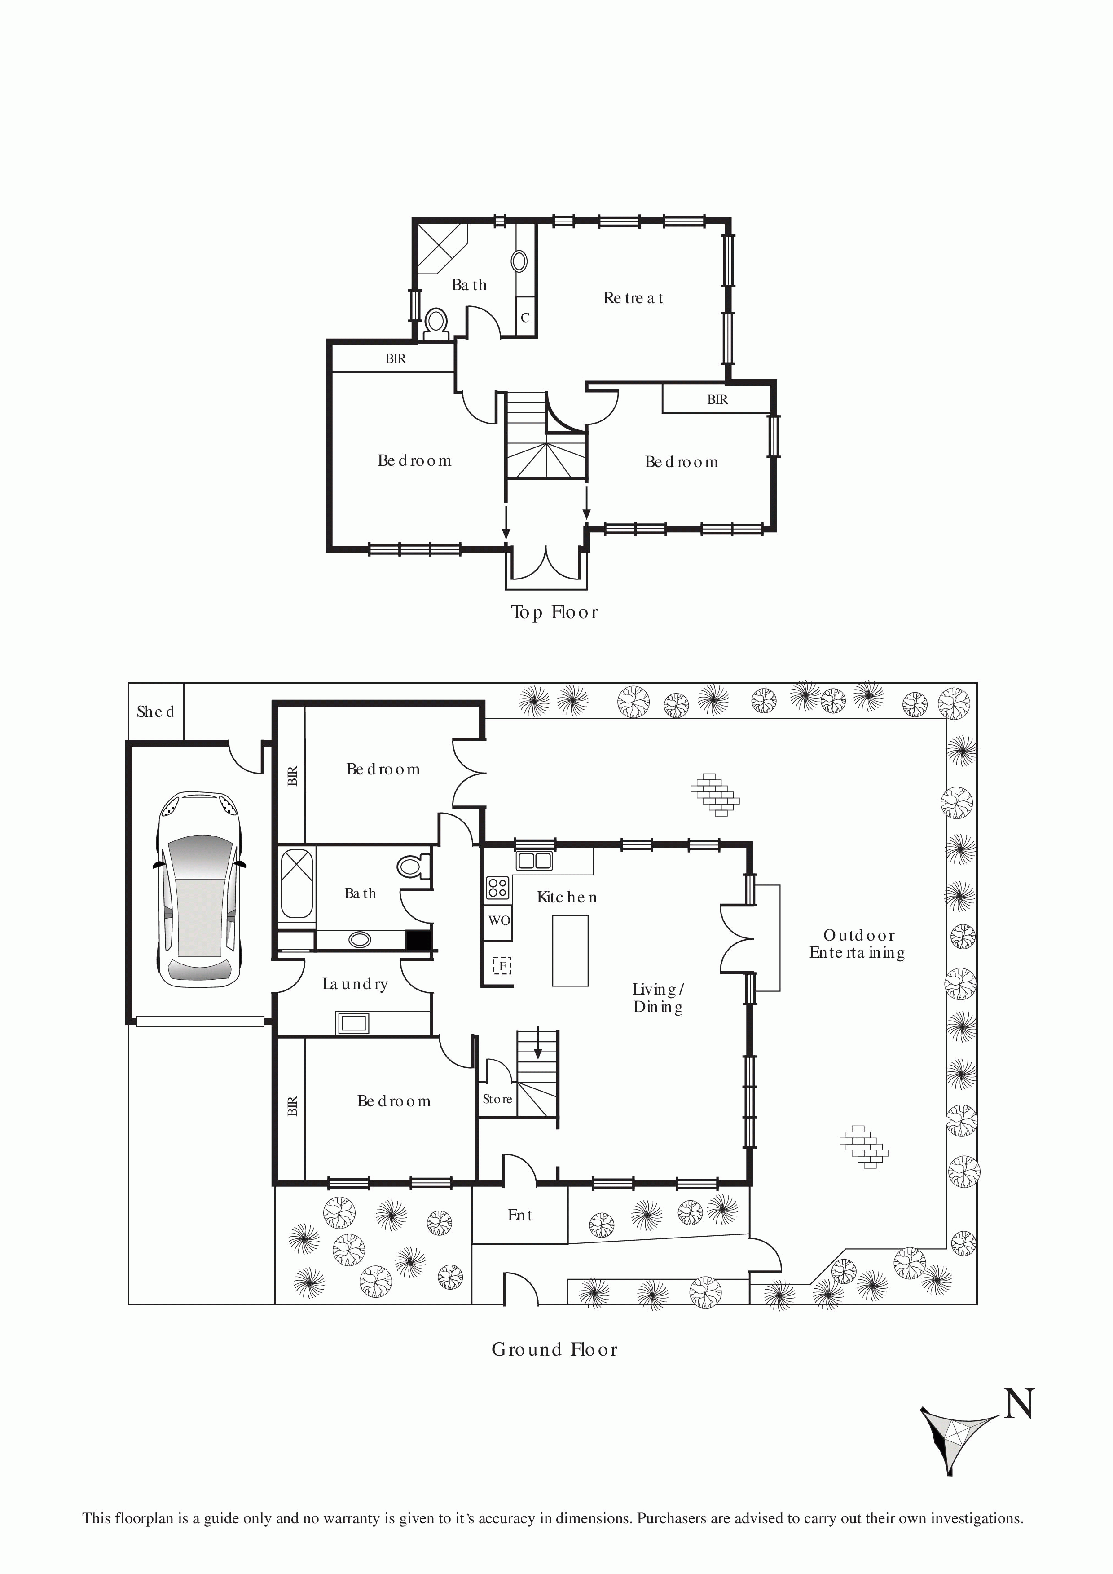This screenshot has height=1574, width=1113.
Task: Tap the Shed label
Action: [x=156, y=712]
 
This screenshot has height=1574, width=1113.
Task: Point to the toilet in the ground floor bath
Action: [x=413, y=866]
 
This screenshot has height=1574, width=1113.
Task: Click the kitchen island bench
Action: [x=570, y=950]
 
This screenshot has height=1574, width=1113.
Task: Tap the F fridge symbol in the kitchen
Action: [x=502, y=966]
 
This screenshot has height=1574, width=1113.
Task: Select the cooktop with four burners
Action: [x=497, y=888]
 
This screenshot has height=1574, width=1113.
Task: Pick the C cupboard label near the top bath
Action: [x=525, y=318]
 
